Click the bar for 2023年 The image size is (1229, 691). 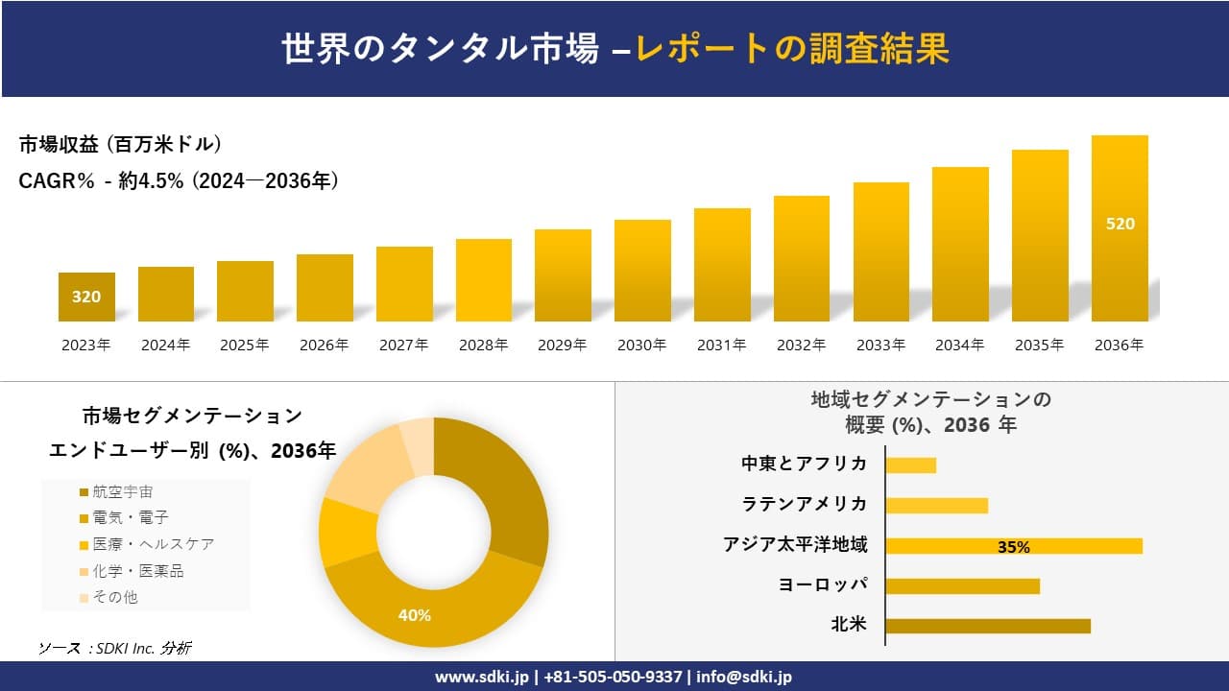86,297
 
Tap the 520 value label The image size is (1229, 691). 1120,224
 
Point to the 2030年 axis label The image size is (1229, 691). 641,345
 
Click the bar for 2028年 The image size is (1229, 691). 483,280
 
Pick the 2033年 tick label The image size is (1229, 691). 880,345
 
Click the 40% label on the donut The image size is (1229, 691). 415,615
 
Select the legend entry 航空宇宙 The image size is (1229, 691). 122,492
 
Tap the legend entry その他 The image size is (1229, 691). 114,597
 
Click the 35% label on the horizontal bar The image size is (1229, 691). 1013,547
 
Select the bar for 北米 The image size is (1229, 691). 987,626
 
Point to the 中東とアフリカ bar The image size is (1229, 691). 910,465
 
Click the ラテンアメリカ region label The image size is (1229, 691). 804,504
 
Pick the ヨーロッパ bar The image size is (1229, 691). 962,585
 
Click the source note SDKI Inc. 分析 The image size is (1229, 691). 115,649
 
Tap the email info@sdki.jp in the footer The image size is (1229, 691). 744,677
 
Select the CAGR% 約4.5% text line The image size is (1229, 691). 179,180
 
